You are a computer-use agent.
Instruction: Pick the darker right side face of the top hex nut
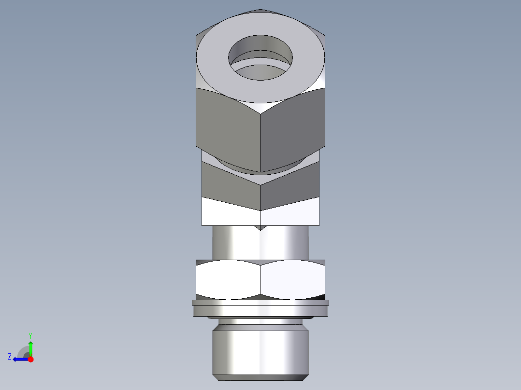[293, 130]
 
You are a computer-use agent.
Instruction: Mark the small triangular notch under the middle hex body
[260, 227]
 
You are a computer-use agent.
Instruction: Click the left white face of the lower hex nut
[228, 280]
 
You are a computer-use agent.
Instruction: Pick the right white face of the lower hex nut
[292, 280]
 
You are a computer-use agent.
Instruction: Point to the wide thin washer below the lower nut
[260, 303]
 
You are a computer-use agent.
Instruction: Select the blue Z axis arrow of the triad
[19, 359]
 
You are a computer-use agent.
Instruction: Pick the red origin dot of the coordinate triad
[30, 359]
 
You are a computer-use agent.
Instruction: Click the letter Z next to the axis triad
[10, 357]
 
